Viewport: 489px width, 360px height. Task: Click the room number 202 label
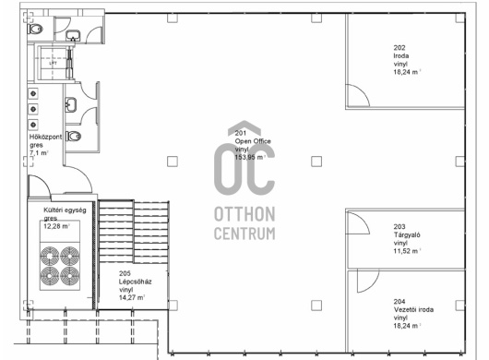[x=400, y=48]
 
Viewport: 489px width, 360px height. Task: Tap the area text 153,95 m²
[x=249, y=157]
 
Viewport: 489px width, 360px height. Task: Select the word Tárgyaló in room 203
[x=407, y=234]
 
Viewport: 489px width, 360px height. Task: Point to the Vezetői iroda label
[x=413, y=309]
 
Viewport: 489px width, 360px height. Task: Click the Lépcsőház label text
[x=135, y=282]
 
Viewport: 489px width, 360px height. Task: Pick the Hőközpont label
[x=45, y=137]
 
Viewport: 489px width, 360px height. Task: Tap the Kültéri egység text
[x=65, y=210]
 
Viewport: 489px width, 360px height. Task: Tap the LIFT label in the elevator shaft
[x=53, y=63]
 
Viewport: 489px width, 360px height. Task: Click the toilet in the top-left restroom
[x=36, y=29]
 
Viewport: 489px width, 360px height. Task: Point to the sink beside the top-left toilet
[x=73, y=36]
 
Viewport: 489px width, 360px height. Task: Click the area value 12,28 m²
[x=57, y=226]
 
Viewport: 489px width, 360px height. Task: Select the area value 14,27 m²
[x=132, y=297]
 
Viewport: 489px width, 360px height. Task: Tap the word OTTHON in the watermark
[x=244, y=214]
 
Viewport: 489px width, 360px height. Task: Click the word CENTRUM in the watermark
[x=244, y=234]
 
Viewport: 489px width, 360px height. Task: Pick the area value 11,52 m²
[x=407, y=251]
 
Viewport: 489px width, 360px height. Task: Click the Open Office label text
[x=253, y=141]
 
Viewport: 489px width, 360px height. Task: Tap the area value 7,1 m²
[x=39, y=153]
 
